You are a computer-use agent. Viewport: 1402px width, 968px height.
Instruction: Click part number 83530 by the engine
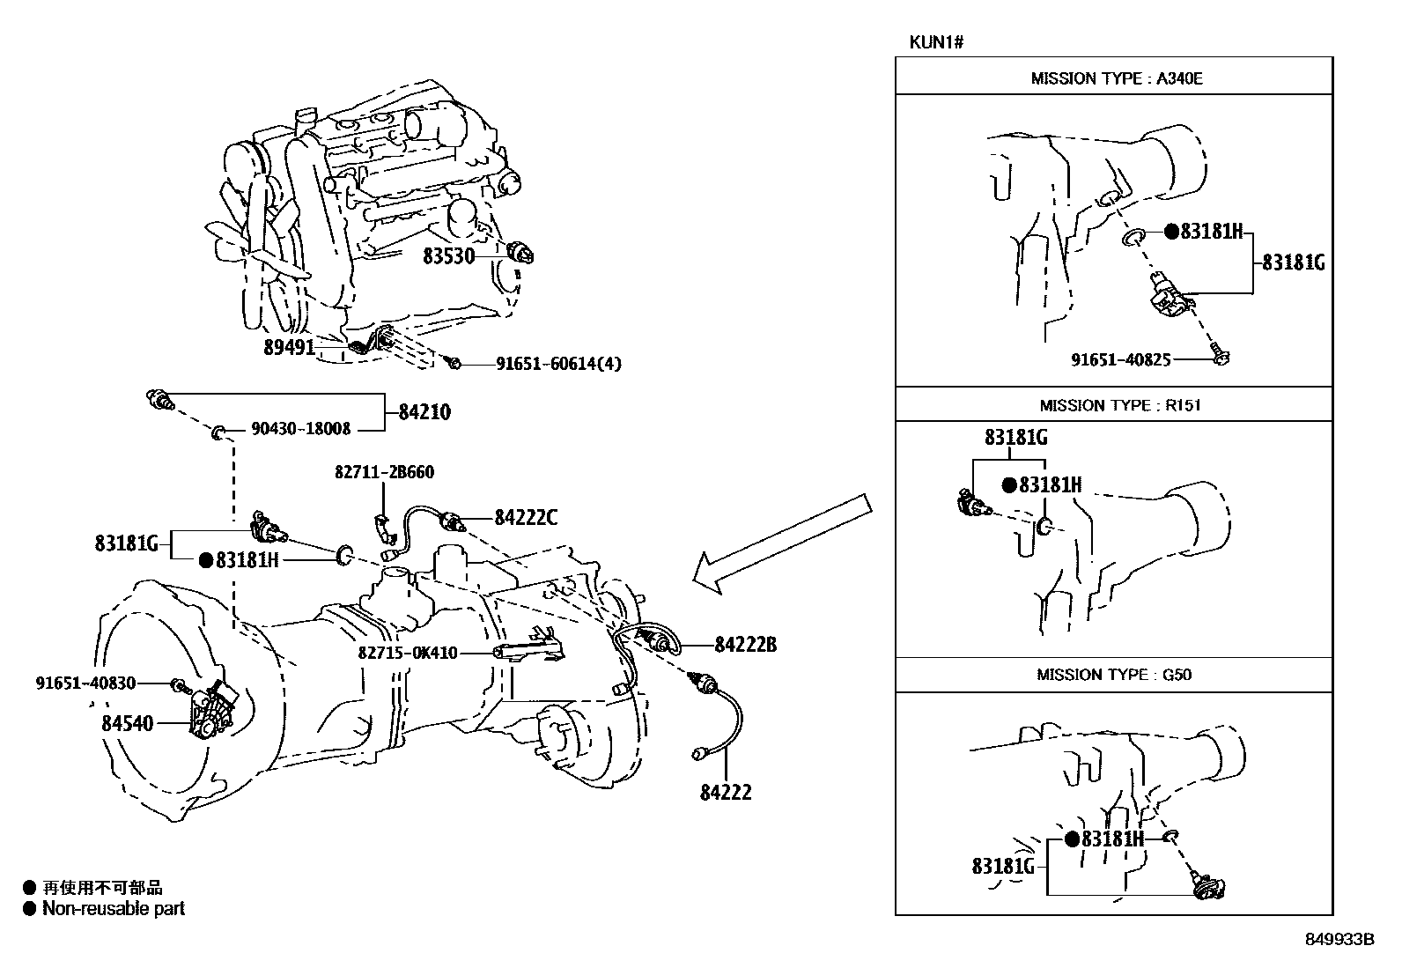coord(448,256)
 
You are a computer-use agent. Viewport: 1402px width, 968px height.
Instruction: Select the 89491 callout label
coord(289,348)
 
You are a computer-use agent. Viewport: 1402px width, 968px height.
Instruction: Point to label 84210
coord(424,412)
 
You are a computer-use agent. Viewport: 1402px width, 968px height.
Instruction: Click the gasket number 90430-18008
coord(301,430)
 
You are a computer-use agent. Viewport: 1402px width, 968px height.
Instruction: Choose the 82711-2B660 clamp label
coord(384,472)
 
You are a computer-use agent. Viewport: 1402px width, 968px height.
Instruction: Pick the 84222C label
coord(526,518)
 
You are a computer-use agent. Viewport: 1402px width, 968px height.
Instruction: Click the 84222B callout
coord(745,645)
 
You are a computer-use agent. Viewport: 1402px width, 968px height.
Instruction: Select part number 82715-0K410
coord(408,654)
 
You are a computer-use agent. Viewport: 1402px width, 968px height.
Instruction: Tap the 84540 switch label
coord(127,724)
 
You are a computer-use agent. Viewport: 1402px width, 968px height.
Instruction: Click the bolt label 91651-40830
coord(85,683)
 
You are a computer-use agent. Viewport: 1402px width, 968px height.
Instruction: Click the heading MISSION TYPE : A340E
coord(1116,78)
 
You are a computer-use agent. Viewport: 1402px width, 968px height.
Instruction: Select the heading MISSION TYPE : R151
coord(1119,406)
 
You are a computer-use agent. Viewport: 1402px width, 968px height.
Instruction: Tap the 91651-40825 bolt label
coord(1121,359)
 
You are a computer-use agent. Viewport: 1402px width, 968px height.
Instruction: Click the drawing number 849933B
coord(1339,940)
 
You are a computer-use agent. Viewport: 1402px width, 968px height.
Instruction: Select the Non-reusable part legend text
coord(114,909)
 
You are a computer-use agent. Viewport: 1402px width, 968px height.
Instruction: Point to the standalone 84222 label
coord(726,793)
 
